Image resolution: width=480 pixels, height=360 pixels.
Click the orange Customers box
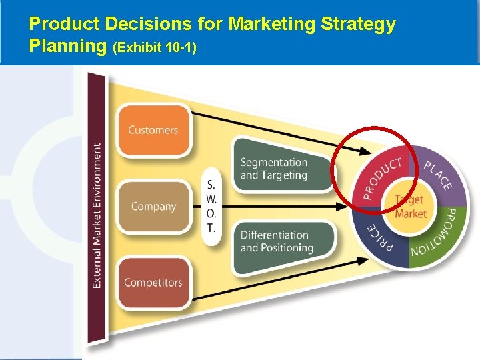click(x=153, y=130)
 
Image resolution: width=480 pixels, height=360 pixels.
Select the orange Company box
click(x=153, y=206)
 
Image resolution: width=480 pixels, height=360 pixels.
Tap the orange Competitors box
click(x=153, y=282)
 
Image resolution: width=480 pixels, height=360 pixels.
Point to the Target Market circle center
click(x=410, y=207)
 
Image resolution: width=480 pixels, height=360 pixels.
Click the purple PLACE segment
click(x=441, y=175)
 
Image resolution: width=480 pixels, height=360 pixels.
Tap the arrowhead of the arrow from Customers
click(x=363, y=153)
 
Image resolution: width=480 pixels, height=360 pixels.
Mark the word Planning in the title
click(x=69, y=47)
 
